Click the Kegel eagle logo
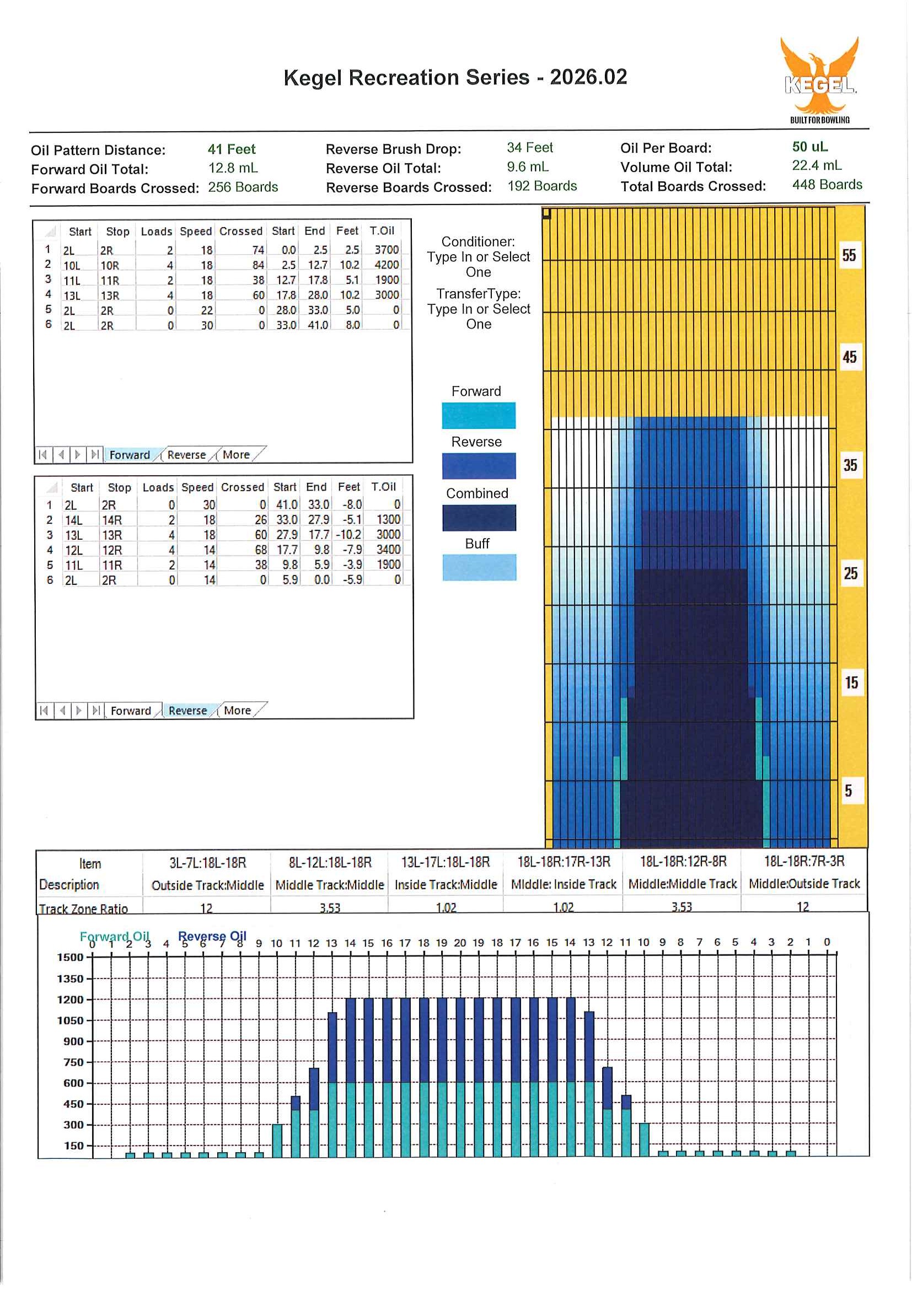coord(819,79)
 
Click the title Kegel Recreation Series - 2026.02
coord(454,78)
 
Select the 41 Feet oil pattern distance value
coord(231,149)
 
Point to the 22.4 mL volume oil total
coord(816,165)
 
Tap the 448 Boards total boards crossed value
coord(827,185)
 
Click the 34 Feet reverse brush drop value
coord(529,148)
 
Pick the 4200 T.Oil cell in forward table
coord(386,265)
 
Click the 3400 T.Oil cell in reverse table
coord(388,550)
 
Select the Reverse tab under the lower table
coord(187,711)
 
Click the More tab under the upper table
coord(236,455)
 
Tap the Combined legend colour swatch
coord(479,518)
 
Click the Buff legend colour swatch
coord(479,567)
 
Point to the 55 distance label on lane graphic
coord(849,256)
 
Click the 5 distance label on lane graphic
coord(849,791)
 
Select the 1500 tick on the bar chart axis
coord(70,958)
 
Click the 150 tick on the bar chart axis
coord(74,1146)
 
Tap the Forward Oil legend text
coord(114,937)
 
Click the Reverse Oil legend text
coord(212,936)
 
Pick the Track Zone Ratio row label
coord(83,909)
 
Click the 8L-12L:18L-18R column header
coord(330,862)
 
